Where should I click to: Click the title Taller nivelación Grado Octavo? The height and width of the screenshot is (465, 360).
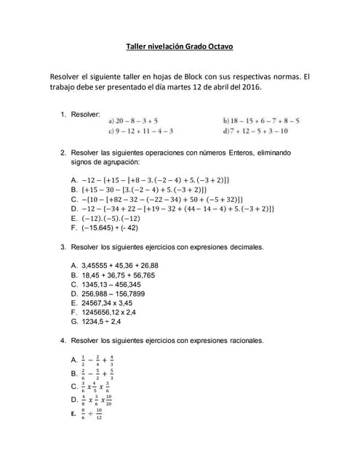pos(180,48)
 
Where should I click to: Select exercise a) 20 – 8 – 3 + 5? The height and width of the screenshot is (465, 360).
pos(133,121)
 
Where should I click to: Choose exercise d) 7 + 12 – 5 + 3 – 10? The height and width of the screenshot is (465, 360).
pos(255,131)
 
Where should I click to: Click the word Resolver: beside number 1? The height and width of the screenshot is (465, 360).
pos(86,115)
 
